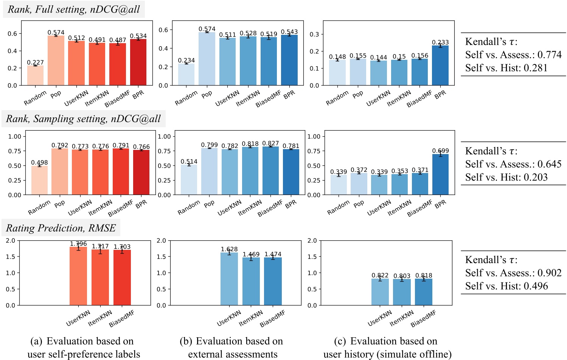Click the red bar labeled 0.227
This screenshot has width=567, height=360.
point(35,75)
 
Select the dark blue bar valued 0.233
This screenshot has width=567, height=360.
point(440,65)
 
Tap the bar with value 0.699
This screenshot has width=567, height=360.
point(440,175)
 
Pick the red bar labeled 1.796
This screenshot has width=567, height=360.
point(78,276)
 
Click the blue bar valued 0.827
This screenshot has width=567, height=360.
point(270,171)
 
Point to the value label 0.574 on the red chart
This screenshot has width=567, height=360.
point(56,33)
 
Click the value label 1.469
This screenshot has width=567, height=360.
point(251,254)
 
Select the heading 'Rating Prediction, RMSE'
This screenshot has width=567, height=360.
point(61,228)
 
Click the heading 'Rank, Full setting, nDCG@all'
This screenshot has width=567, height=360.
point(74,9)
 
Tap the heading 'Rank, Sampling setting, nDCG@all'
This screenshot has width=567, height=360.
point(83,119)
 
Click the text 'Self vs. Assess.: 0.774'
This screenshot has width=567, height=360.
point(513,55)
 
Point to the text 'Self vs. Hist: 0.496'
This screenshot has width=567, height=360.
point(506,286)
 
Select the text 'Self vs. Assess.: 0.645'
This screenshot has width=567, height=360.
point(513,164)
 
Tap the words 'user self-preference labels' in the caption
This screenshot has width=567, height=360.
point(84,354)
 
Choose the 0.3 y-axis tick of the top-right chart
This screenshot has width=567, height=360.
point(314,34)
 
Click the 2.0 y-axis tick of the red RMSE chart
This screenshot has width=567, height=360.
point(11,241)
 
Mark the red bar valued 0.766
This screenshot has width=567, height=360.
point(141,172)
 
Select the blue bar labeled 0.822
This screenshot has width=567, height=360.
point(380,292)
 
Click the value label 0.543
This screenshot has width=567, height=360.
point(289,32)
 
